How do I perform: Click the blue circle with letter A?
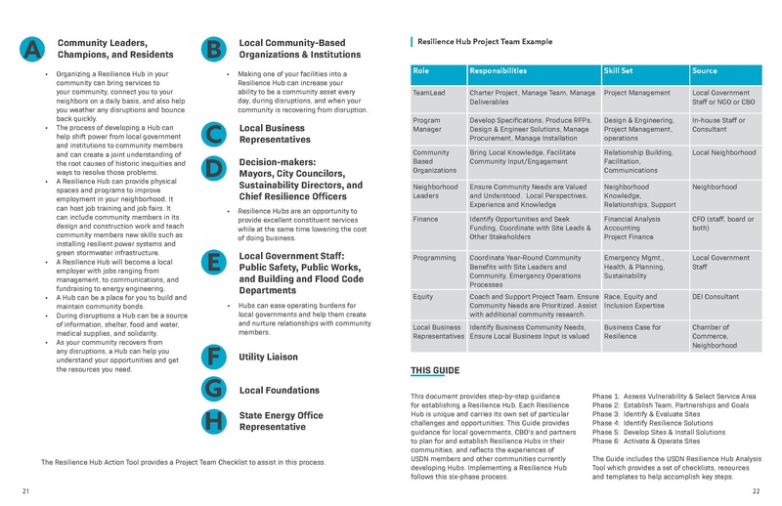click(x=31, y=50)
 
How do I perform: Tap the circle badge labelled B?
click(x=213, y=50)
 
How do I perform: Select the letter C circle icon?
click(x=213, y=135)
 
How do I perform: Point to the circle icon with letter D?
click(x=213, y=168)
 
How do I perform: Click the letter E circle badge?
click(x=213, y=262)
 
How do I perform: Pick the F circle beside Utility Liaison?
click(x=213, y=358)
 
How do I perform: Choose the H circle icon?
click(x=213, y=421)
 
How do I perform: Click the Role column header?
click(x=421, y=71)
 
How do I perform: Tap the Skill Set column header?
click(x=626, y=71)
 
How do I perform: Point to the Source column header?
click(x=704, y=71)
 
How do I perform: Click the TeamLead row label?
click(x=430, y=92)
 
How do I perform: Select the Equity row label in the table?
click(x=423, y=294)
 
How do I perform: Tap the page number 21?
click(x=24, y=490)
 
